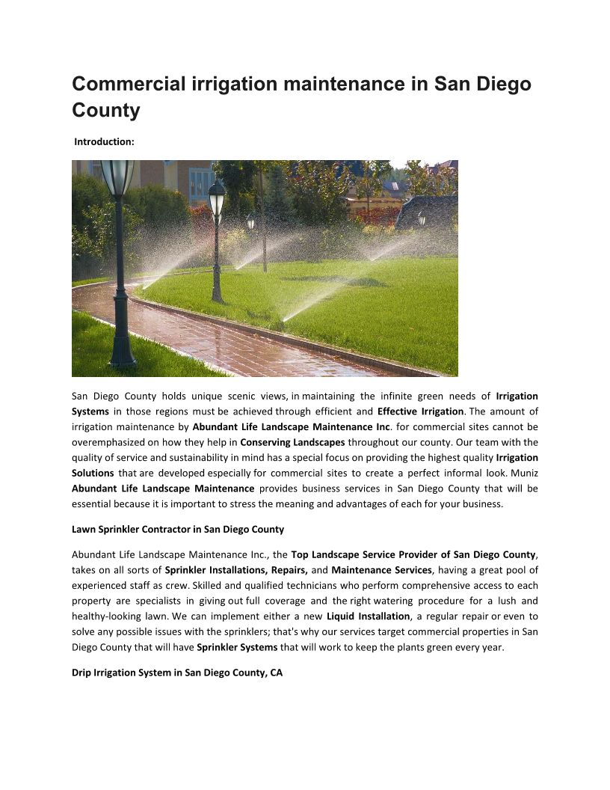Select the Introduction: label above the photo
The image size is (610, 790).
pyautogui.click(x=104, y=141)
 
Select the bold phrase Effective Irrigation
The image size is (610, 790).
pyautogui.click(x=421, y=411)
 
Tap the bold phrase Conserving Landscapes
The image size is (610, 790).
pyautogui.click(x=292, y=442)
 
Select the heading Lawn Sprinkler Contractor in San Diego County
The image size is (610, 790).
pyautogui.click(x=178, y=529)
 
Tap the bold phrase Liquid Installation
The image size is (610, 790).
pyautogui.click(x=369, y=616)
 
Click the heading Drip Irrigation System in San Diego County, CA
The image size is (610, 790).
pyautogui.click(x=177, y=673)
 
